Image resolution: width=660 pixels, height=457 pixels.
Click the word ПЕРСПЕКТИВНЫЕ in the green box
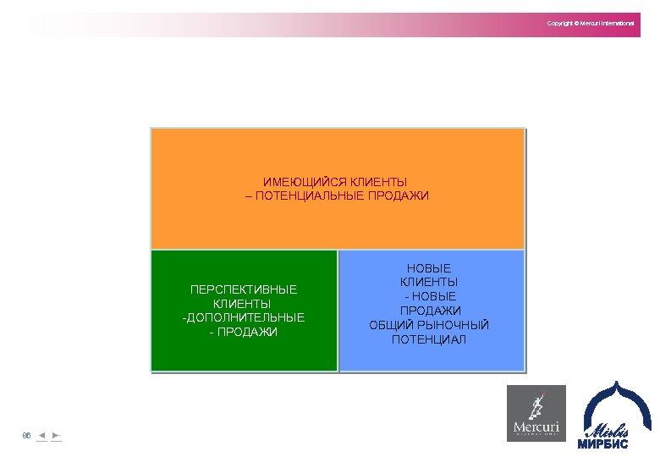click(x=244, y=290)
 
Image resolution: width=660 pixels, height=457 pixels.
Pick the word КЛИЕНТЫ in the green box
click(x=243, y=304)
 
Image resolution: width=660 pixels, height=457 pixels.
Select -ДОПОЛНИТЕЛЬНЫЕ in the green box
click(x=243, y=317)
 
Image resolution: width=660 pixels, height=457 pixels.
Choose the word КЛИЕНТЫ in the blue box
click(x=429, y=283)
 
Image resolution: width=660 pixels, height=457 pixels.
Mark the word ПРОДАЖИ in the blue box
click(x=429, y=311)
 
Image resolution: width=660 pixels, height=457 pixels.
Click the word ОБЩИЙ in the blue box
click(x=388, y=325)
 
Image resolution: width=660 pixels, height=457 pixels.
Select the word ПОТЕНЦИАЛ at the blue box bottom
click(x=429, y=339)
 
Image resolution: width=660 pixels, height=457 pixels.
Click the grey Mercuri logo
click(x=536, y=413)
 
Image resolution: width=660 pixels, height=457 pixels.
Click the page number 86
click(x=26, y=436)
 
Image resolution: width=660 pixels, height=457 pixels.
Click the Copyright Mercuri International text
click(x=590, y=23)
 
